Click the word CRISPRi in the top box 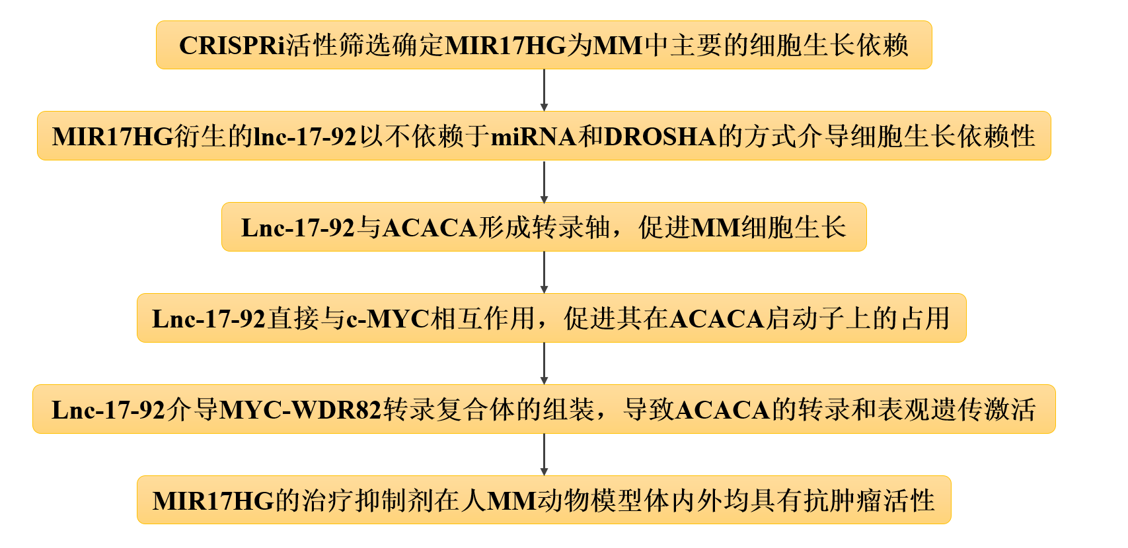pyautogui.click(x=233, y=46)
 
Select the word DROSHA pyautogui.click(x=660, y=137)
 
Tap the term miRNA pyautogui.click(x=533, y=137)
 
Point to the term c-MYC pyautogui.click(x=388, y=318)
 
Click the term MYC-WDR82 pyautogui.click(x=301, y=409)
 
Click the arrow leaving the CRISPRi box pyautogui.click(x=544, y=90)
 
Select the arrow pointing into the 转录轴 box pyautogui.click(x=544, y=182)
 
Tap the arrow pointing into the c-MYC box pyautogui.click(x=544, y=272)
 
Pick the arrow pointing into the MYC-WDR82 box pyautogui.click(x=544, y=364)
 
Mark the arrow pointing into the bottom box pyautogui.click(x=544, y=454)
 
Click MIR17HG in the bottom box pyautogui.click(x=213, y=500)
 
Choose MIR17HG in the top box pyautogui.click(x=506, y=46)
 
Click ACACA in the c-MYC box pyautogui.click(x=717, y=318)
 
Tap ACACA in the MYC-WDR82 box pyautogui.click(x=722, y=409)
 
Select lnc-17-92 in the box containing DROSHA pyautogui.click(x=305, y=137)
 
